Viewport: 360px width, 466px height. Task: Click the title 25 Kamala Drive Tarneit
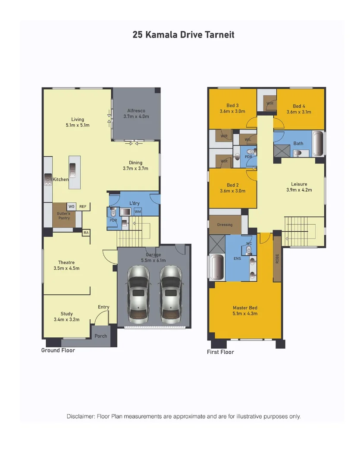point(183,35)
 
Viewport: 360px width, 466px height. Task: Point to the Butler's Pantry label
point(63,215)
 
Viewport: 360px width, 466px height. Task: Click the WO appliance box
point(72,207)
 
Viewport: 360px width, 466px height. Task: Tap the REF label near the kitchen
point(83,207)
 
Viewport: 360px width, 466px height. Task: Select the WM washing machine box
point(138,212)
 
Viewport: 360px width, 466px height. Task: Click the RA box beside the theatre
point(86,233)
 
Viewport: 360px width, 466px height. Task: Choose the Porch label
point(101,336)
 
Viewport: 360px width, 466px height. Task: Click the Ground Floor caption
point(58,350)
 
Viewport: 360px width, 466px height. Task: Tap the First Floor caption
point(221,352)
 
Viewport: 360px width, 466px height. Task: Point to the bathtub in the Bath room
point(318,144)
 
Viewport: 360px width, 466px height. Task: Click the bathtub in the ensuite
point(216,268)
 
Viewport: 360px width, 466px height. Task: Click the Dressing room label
point(225,225)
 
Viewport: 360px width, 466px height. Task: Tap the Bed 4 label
point(299,106)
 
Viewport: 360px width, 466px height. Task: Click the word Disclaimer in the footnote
point(81,416)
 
